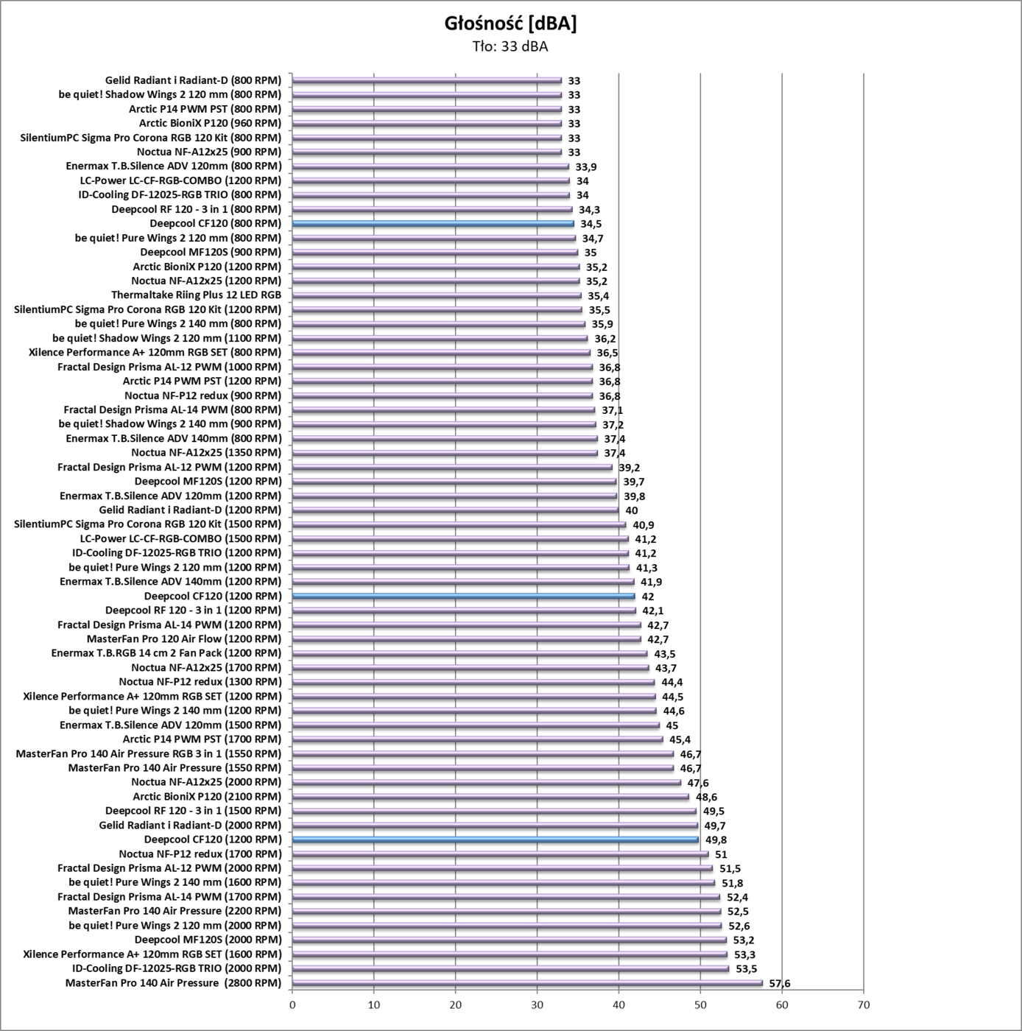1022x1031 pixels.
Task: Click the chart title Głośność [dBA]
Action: click(x=510, y=24)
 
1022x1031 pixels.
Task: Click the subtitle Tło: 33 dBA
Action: click(x=510, y=47)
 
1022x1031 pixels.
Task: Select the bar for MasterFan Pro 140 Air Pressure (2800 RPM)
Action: click(x=527, y=982)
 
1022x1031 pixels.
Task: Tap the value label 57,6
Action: click(x=780, y=983)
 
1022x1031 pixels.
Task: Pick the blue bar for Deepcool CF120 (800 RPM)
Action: click(x=433, y=223)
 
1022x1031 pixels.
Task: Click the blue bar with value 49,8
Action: click(x=496, y=839)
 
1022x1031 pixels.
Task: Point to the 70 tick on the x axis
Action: click(x=864, y=1005)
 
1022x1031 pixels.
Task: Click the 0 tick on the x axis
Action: click(x=292, y=1005)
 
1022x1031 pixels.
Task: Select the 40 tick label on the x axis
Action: click(x=619, y=1005)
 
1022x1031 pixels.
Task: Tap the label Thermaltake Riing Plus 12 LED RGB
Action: click(x=196, y=295)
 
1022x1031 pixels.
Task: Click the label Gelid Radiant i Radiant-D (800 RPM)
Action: click(x=193, y=80)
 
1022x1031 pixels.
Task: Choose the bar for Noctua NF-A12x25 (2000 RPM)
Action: click(x=487, y=782)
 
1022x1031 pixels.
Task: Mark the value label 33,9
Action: click(x=586, y=166)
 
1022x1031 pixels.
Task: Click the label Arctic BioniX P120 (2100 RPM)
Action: click(x=207, y=796)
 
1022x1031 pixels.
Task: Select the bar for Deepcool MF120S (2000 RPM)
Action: click(x=510, y=940)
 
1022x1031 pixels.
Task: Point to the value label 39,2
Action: click(x=629, y=467)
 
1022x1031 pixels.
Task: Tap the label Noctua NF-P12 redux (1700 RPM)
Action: click(x=200, y=854)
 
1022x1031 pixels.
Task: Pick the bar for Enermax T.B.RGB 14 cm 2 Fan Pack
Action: click(x=470, y=653)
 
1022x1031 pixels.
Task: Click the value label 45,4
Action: click(x=680, y=739)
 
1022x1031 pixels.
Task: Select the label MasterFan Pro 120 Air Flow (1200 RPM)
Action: click(x=184, y=638)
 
